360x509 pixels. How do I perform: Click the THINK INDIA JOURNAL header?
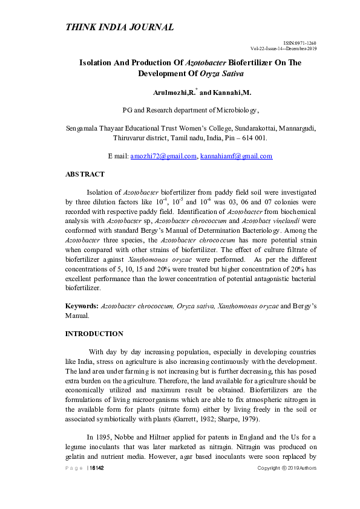[x=119, y=27]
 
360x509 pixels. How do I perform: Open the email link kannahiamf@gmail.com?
[x=237, y=156]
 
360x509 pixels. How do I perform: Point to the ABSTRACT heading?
[x=85, y=174]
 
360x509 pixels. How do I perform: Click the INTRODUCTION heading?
[x=94, y=334]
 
